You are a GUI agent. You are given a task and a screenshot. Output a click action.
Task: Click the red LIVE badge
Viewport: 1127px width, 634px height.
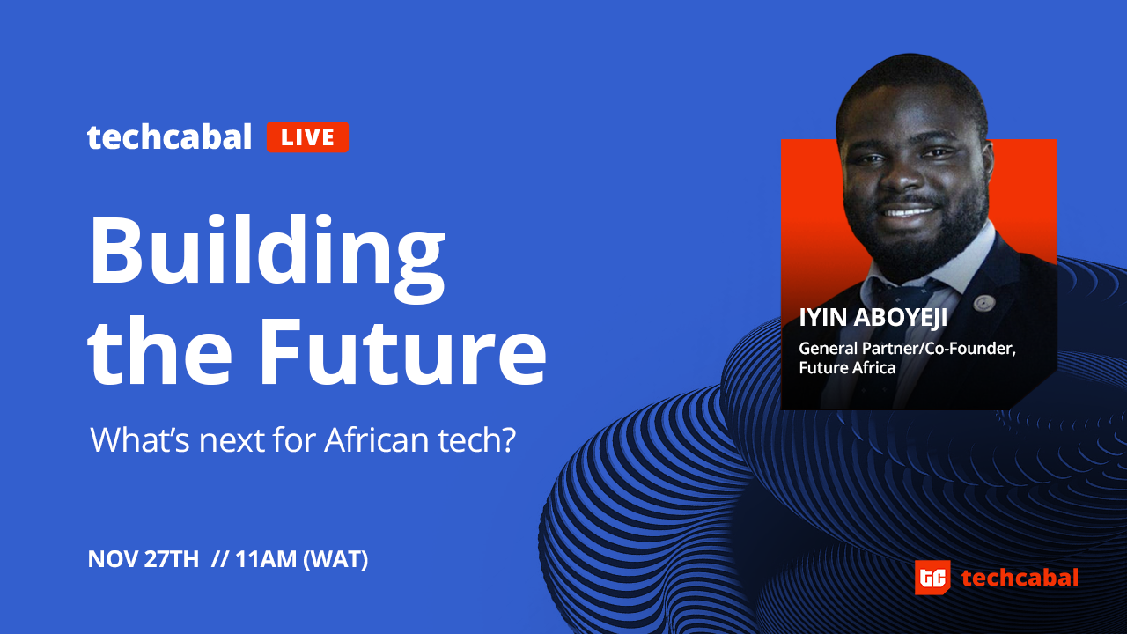[x=307, y=136]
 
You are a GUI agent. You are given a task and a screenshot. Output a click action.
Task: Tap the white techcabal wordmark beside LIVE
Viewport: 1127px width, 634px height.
[x=170, y=136]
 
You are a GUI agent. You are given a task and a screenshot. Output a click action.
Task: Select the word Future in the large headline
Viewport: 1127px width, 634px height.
[x=402, y=350]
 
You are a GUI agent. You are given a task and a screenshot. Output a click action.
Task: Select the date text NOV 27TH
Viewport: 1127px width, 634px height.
[x=144, y=559]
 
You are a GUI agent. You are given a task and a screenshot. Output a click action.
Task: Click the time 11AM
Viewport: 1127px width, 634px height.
[x=266, y=559]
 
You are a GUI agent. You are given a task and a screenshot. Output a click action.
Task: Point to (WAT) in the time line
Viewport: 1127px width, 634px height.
[x=335, y=559]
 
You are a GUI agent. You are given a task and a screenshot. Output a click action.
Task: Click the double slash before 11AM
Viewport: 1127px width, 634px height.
[x=220, y=559]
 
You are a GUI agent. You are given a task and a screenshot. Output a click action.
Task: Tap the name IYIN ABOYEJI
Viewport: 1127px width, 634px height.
[x=873, y=318]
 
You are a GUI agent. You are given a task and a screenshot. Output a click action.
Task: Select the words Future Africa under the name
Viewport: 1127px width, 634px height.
[x=847, y=368]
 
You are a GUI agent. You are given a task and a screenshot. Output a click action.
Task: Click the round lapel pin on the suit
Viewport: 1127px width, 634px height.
[x=983, y=303]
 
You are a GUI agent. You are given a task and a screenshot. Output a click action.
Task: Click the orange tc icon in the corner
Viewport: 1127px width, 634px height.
[x=932, y=577]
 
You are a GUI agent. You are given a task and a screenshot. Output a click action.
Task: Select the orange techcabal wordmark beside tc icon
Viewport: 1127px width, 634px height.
[x=1020, y=578]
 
